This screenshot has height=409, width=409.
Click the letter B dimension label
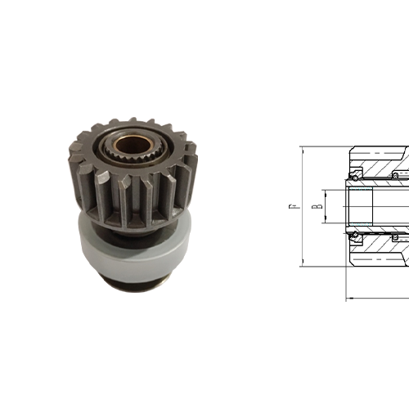pos(314,205)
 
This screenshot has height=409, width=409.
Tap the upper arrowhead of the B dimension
pos(326,191)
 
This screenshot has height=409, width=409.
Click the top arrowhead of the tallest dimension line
pos(302,150)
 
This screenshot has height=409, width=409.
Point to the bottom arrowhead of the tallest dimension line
pos(302,263)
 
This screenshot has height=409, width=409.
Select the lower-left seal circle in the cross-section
pos(356,237)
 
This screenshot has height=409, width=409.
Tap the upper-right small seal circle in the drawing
pos(395,175)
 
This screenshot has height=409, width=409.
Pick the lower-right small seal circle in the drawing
pos(395,237)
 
